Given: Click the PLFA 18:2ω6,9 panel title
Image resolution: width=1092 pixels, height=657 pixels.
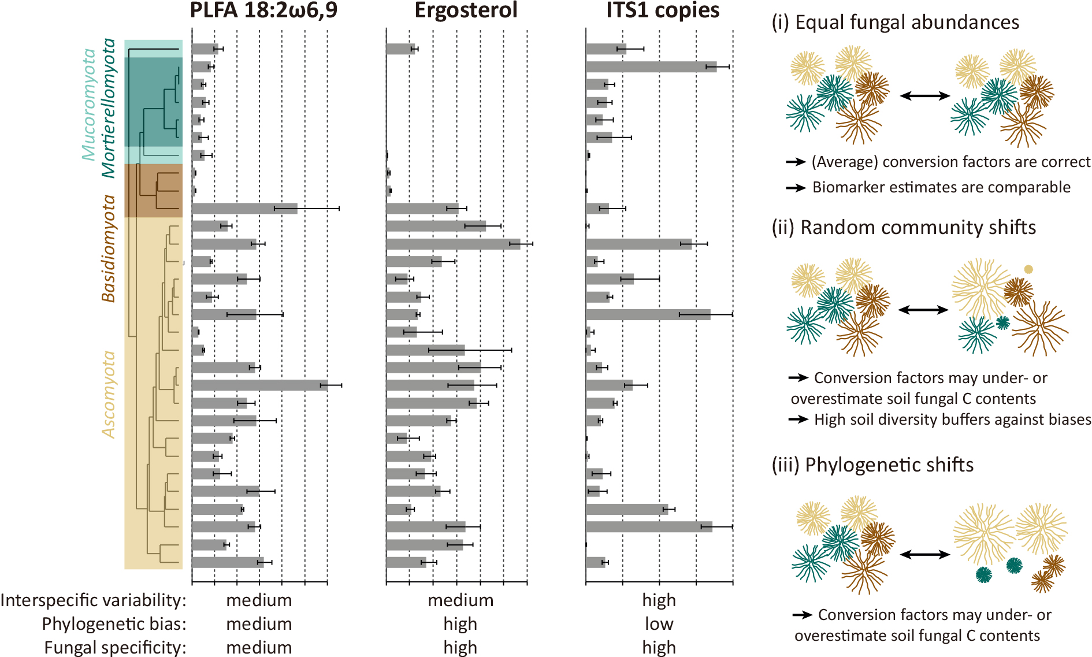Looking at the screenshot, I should [x=263, y=10].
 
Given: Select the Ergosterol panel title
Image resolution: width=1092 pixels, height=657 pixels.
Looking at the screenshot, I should [x=466, y=10].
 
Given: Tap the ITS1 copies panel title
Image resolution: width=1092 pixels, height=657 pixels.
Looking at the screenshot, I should [x=663, y=10].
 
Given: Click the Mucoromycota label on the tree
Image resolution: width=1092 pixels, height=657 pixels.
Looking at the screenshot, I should [x=88, y=104].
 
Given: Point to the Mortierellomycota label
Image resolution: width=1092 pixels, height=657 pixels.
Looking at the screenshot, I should [x=109, y=108].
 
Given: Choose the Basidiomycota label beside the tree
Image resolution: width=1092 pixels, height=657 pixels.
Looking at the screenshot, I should [x=109, y=248].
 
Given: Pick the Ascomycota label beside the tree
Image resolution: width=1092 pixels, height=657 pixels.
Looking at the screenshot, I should [x=109, y=395].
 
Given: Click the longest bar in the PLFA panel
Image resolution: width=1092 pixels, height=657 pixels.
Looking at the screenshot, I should [x=259, y=385].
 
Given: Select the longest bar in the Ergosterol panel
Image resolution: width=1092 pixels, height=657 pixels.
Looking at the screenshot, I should [x=453, y=244].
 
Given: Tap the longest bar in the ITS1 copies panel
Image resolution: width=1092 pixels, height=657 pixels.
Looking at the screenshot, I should [x=651, y=67].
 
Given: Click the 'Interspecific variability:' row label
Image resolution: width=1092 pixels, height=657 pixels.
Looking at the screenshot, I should [x=94, y=600].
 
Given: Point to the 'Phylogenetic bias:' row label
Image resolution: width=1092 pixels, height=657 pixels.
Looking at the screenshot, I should [x=114, y=624].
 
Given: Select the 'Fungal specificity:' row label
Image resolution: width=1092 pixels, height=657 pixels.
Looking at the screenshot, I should [x=115, y=648].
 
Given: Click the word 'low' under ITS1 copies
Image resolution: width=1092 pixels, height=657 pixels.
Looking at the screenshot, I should [x=659, y=624].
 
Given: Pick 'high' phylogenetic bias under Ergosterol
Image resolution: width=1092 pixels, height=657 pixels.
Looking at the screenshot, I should [x=460, y=624].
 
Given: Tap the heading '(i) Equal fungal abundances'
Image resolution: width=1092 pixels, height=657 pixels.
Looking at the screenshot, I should [x=895, y=23].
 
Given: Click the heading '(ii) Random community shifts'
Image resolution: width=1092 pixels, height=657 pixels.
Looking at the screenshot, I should [x=904, y=228].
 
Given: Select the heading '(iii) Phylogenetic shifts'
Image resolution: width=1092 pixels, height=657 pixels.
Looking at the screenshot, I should [x=872, y=465].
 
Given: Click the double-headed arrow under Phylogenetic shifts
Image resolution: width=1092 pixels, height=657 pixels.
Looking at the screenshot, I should [x=925, y=555].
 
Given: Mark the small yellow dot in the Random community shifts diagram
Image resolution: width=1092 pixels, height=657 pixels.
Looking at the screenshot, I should [x=1028, y=269].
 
